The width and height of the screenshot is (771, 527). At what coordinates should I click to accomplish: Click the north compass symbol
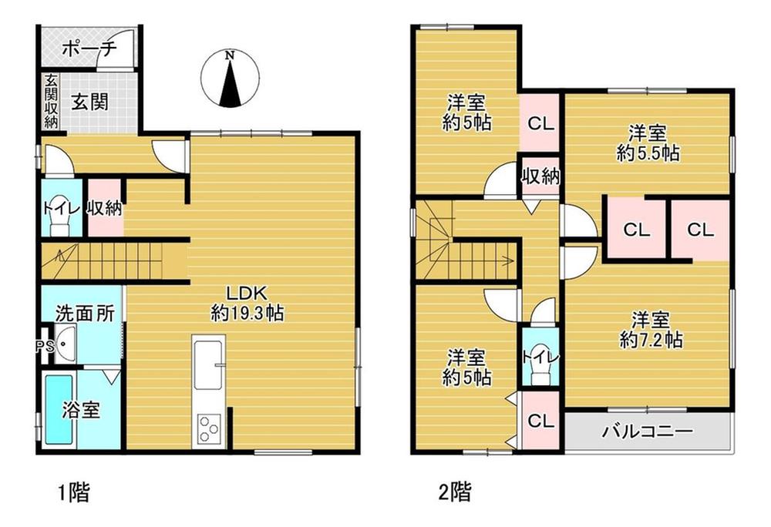(230, 79)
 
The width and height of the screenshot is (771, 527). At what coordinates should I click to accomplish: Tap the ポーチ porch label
(89, 49)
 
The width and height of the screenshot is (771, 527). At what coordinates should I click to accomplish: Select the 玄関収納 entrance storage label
(51, 101)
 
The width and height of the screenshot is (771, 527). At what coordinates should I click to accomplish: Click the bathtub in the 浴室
(59, 410)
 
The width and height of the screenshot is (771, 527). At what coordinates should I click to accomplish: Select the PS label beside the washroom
(44, 346)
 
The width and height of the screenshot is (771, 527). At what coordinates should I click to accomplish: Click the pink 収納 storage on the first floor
(105, 209)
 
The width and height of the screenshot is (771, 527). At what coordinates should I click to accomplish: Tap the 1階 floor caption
(74, 492)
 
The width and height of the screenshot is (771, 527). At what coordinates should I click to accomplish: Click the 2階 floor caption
(454, 492)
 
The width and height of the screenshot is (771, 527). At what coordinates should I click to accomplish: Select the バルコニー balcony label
(648, 431)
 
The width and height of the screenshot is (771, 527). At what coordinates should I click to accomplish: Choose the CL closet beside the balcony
(540, 421)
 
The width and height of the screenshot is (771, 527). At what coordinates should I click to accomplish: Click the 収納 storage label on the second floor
(541, 176)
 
